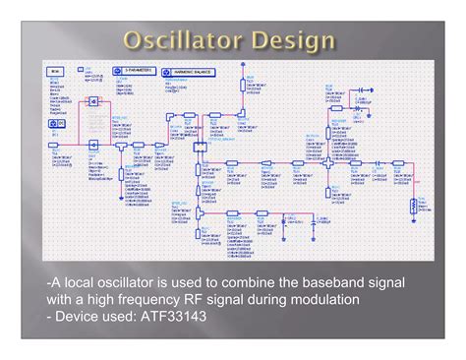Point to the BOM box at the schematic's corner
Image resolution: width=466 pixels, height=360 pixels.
(x=55, y=72)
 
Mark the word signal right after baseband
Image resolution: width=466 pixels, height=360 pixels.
(x=379, y=282)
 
